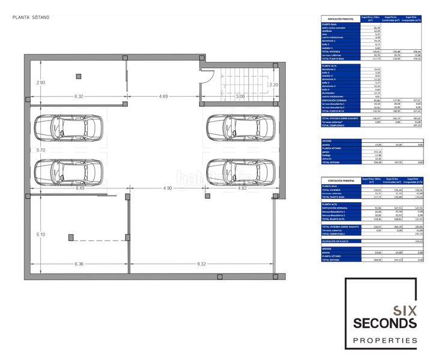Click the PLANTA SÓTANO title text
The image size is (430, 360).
[31, 17]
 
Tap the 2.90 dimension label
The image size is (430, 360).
[40, 82]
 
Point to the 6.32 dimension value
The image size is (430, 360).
[79, 96]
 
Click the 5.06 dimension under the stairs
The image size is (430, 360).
[240, 96]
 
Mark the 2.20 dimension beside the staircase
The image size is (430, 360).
[273, 85]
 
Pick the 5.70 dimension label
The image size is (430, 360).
[40, 150]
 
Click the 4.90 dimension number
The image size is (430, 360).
[168, 188]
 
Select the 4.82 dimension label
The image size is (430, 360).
[243, 188]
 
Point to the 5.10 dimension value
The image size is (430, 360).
[40, 234]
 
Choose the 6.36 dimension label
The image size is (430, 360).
[79, 263]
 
